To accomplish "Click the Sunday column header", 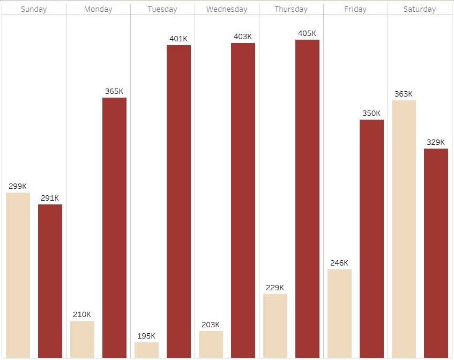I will (34, 9).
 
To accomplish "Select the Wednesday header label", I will (227, 9).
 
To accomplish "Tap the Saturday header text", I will (420, 9).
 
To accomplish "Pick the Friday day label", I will (355, 9).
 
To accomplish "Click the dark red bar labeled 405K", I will (307, 199).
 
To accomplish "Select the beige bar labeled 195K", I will (146, 350).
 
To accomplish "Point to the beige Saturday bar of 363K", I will (404, 229).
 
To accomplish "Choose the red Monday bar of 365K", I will (114, 227).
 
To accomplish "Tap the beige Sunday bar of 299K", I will (18, 275).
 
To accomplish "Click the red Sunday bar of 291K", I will (50, 281).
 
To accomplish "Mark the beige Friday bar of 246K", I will (339, 313).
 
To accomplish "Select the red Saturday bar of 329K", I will (436, 253).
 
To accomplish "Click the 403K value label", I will (243, 36).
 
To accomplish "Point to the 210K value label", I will (82, 314).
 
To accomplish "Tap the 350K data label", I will (371, 113).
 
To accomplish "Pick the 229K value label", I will (275, 288).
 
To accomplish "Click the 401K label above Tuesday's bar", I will (178, 39).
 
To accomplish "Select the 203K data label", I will (211, 325).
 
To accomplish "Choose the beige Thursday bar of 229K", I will (275, 326).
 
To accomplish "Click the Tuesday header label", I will (162, 9).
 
